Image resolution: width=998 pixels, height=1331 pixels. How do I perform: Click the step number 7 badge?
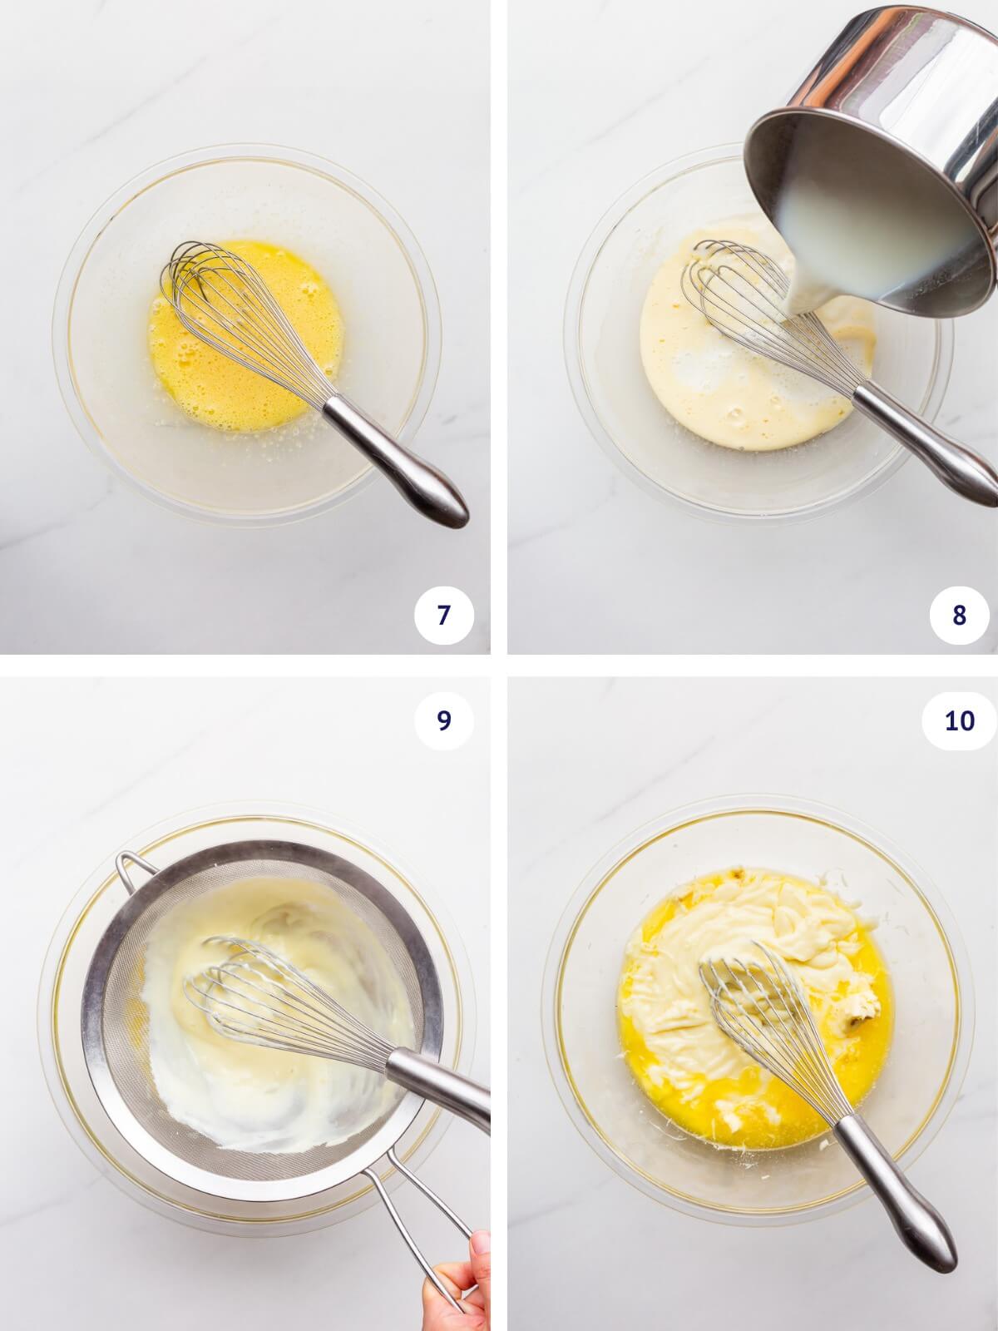443,616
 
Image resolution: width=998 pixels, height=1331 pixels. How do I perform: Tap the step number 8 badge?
959,616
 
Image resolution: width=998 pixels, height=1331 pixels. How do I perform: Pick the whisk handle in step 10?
898,1198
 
